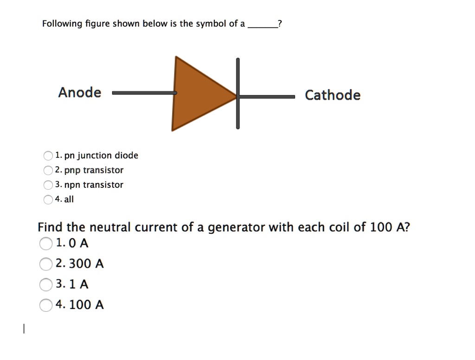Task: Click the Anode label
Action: [79, 92]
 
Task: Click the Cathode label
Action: [332, 95]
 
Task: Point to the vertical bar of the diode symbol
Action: [238, 93]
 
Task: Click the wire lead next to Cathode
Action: [267, 96]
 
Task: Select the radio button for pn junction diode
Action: [48, 156]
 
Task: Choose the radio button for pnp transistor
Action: [48, 171]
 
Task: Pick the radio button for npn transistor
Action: [48, 185]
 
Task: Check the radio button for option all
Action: [48, 200]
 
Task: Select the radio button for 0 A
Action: [46, 244]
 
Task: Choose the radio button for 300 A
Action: [46, 264]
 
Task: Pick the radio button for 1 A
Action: [46, 284]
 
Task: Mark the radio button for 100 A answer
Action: [46, 305]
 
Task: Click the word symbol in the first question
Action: [211, 24]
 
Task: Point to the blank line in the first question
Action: [262, 27]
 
